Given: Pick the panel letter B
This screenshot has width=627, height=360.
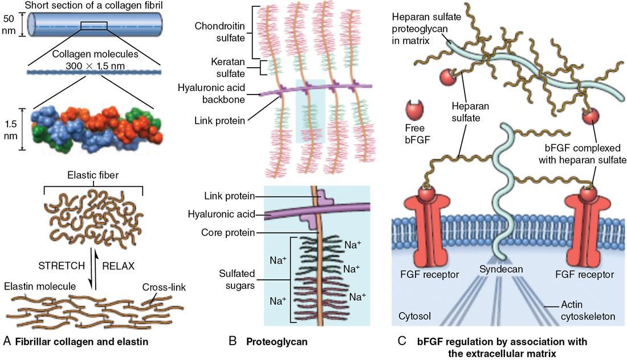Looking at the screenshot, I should click(233, 342).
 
